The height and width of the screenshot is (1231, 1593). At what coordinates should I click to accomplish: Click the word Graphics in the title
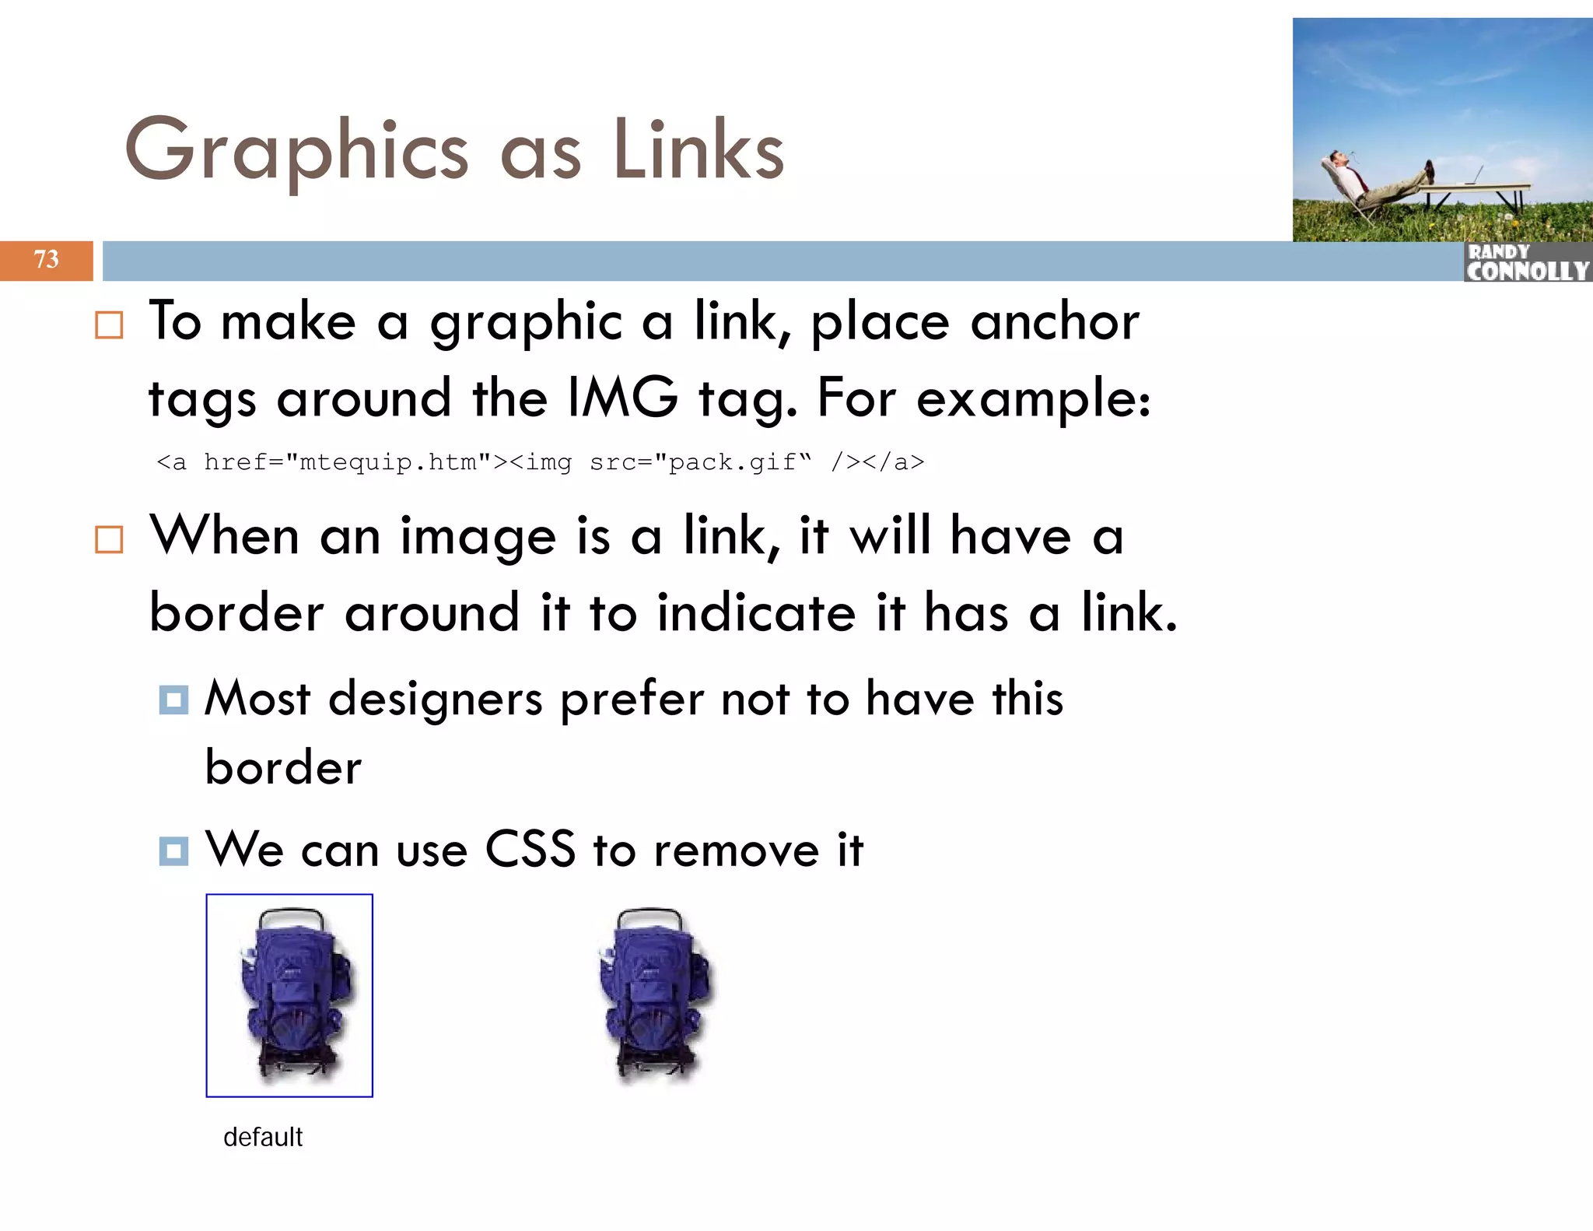point(296,150)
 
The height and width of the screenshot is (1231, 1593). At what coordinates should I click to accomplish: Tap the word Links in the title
point(698,150)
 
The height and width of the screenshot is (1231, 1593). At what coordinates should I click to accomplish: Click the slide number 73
point(46,260)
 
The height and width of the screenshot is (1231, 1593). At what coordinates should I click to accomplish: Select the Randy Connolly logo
point(1528,262)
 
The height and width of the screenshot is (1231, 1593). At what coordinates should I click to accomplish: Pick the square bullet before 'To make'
point(109,325)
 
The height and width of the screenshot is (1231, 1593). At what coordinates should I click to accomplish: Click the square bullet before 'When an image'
point(109,539)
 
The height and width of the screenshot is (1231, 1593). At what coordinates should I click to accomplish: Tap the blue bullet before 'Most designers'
point(173,700)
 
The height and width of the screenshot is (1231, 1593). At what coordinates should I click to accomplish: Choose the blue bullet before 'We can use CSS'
point(173,850)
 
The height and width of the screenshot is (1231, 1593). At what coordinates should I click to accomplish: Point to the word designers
point(436,698)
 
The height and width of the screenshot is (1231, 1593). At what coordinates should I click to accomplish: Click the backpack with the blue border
point(289,995)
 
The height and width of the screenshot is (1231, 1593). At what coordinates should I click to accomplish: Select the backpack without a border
point(655,995)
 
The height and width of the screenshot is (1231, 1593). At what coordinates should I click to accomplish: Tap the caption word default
point(263,1137)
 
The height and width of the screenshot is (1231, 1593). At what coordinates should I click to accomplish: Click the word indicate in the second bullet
point(756,612)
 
